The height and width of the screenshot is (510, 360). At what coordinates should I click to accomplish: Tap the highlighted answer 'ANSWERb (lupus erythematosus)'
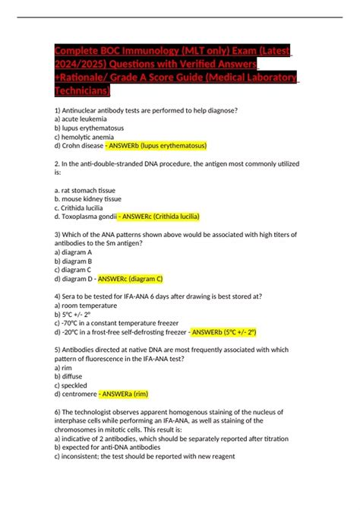156,144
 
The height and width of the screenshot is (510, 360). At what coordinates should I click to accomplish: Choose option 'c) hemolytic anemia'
84,136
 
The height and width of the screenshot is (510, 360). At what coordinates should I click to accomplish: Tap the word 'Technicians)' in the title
82,90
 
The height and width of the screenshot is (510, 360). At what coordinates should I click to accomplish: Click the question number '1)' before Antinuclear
58,110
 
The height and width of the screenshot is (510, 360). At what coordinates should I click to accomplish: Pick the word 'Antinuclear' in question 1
87,110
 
